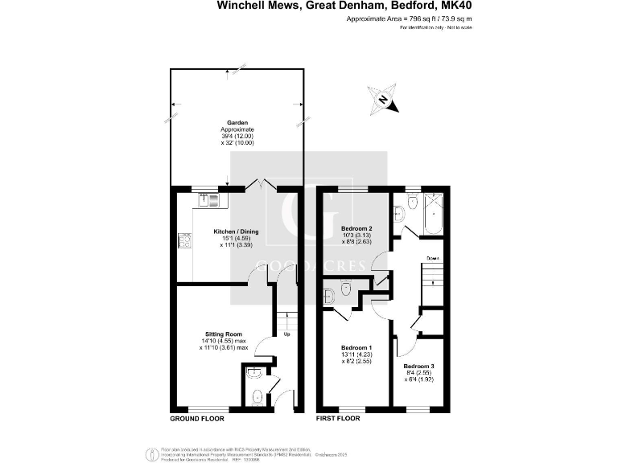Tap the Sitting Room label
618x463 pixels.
coord(224,334)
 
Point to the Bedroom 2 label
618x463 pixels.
coord(356,227)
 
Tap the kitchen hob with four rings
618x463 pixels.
coord(183,240)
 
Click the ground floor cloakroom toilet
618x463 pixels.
coord(255,395)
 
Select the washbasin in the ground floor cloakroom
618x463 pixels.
coord(253,372)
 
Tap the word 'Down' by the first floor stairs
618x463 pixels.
coord(432,258)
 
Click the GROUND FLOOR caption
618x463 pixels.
coord(197,420)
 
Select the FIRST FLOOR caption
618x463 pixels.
coord(337,420)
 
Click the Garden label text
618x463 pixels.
coord(237,122)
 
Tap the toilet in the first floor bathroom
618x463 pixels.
coord(412,203)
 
